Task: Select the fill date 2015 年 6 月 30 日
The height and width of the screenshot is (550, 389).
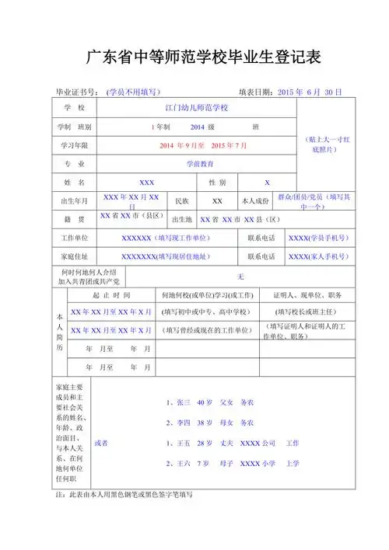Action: (x=310, y=92)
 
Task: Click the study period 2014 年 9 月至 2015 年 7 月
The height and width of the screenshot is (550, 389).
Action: (x=202, y=145)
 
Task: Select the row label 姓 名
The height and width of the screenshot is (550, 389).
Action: (x=73, y=183)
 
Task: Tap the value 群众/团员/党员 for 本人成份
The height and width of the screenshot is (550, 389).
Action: (x=311, y=200)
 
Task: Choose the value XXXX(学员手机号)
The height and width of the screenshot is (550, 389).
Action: (x=317, y=238)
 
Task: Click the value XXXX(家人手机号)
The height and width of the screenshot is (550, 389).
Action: (x=317, y=256)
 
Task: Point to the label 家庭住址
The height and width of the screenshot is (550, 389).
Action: (x=74, y=256)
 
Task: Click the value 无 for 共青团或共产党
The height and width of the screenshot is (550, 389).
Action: (x=240, y=277)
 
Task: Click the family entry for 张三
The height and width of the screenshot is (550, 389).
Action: (x=210, y=403)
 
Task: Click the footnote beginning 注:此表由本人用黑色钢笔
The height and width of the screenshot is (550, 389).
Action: (x=120, y=495)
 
